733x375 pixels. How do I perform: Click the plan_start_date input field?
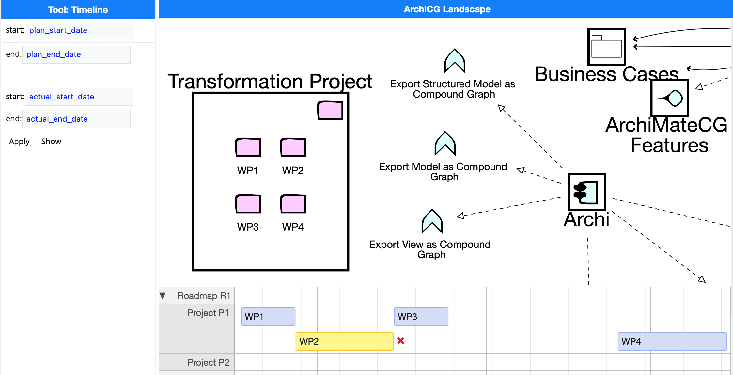pos(79,30)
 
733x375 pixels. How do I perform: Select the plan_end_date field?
pos(76,54)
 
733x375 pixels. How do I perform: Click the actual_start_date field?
pos(79,97)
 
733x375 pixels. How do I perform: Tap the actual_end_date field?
pos(76,119)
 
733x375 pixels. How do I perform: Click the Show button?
pos(51,142)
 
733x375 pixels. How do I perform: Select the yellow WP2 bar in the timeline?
pos(345,341)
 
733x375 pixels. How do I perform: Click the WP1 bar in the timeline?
pos(268,317)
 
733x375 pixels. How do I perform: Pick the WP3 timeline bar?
pos(421,317)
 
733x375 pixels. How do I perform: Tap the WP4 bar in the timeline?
pos(672,341)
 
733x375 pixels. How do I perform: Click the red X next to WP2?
pos(401,341)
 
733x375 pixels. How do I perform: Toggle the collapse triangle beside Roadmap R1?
pos(163,296)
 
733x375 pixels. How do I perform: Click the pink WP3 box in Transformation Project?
pos(248,204)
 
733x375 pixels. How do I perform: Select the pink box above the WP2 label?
pos(293,147)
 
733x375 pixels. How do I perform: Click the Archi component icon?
pos(587,192)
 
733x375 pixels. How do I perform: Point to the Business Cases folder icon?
pos(607,47)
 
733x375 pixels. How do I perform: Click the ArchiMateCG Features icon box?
pos(670,97)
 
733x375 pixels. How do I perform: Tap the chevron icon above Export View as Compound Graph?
pos(432,221)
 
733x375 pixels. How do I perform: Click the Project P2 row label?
pos(208,362)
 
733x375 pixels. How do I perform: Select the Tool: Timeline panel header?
pos(78,9)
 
